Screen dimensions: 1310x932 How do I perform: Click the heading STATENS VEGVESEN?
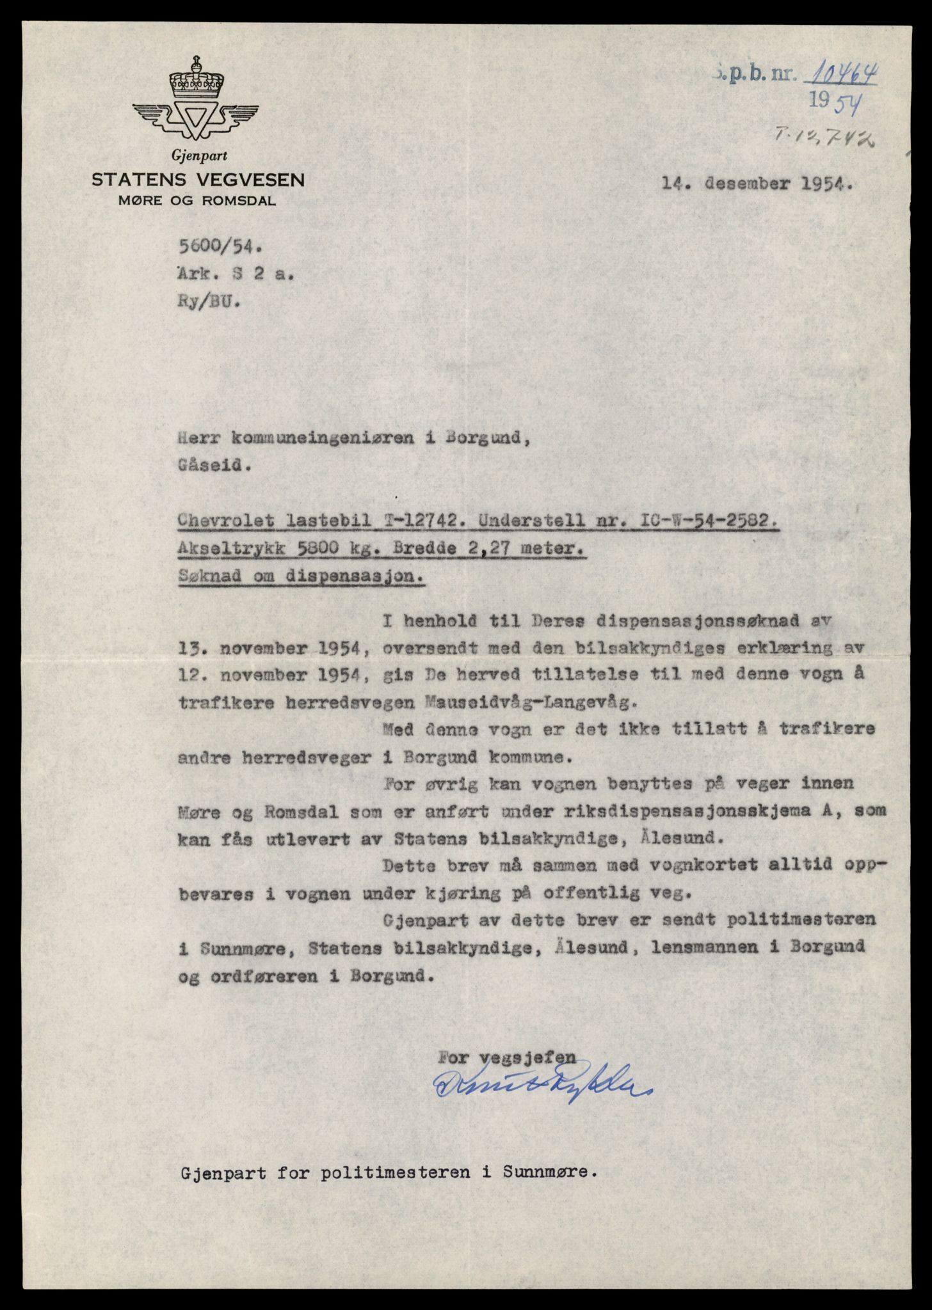198,180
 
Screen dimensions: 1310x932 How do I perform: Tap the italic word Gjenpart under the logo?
199,155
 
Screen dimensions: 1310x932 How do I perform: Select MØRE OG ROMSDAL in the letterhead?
197,201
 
